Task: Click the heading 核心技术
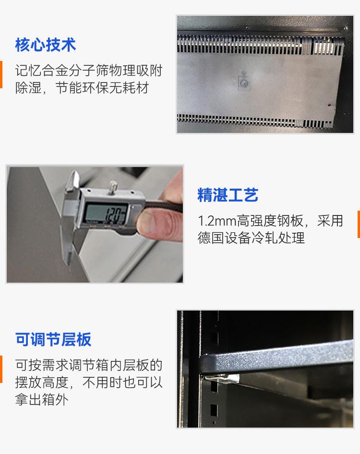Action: click(46, 45)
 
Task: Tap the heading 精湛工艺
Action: click(228, 194)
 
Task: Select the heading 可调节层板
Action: click(53, 339)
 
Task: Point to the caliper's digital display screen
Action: click(105, 214)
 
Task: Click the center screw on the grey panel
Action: click(244, 83)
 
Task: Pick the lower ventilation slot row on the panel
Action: click(255, 121)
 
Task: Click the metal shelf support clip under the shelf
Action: click(222, 378)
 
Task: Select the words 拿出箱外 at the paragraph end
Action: click(41, 400)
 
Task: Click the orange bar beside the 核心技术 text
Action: click(1, 74)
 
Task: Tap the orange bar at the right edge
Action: click(359, 224)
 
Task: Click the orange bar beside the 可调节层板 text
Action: click(1, 369)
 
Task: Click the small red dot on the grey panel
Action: click(329, 105)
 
